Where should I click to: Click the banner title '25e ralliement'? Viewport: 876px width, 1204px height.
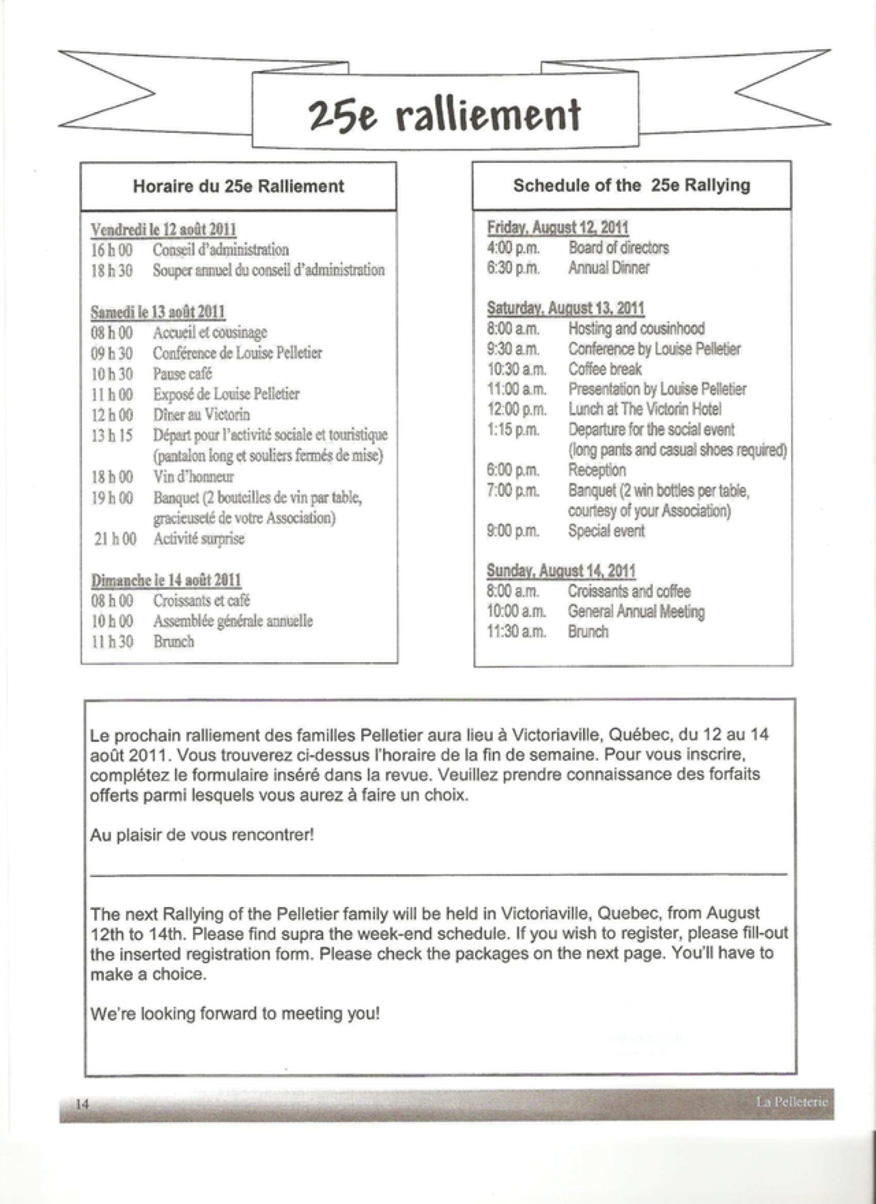click(x=444, y=114)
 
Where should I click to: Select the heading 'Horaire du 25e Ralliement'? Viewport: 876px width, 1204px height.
click(x=238, y=186)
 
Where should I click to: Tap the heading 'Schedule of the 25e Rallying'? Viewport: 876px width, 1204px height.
click(x=632, y=185)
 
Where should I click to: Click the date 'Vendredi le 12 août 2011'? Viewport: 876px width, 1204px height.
click(x=164, y=229)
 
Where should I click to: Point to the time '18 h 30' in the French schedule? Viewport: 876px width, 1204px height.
click(x=112, y=270)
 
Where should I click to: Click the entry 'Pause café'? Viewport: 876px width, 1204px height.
click(x=182, y=373)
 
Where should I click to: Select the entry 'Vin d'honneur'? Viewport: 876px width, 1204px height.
click(x=193, y=476)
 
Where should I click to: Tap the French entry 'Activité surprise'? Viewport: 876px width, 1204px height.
click(x=199, y=539)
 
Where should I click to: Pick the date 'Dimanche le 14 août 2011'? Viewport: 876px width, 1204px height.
click(x=167, y=580)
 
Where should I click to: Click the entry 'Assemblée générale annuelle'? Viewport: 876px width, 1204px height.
click(x=233, y=621)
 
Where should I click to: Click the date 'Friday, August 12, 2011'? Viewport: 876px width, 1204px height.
click(x=558, y=227)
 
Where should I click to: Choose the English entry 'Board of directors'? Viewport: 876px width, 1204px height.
click(x=619, y=248)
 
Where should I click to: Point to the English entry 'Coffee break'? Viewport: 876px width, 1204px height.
click(x=605, y=369)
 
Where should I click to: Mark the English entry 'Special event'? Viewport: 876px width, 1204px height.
click(x=606, y=531)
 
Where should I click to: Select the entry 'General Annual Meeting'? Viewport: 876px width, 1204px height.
click(x=636, y=612)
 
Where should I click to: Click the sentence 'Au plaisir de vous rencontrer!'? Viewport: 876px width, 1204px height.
click(x=202, y=835)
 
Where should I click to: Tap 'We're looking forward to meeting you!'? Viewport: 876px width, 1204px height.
click(x=235, y=1014)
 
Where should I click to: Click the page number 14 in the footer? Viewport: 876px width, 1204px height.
click(x=83, y=1104)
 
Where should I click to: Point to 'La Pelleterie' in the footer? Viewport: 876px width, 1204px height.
click(x=791, y=1101)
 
